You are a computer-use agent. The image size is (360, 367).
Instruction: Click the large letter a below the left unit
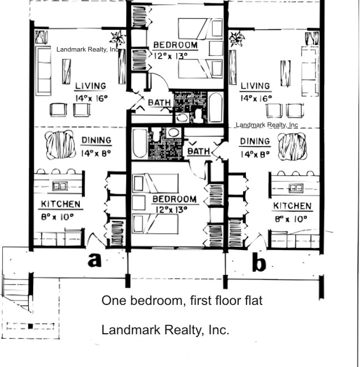[95, 259]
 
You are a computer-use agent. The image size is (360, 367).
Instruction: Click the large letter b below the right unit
[258, 262]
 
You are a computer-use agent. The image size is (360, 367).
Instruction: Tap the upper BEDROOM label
[174, 45]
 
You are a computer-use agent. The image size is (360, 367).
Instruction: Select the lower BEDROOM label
[174, 199]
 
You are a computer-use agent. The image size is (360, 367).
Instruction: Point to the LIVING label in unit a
[90, 86]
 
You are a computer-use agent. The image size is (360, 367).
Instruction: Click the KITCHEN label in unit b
[292, 206]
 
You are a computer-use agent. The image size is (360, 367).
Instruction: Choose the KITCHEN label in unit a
[61, 205]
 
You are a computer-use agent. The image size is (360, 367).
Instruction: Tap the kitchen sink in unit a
[59, 186]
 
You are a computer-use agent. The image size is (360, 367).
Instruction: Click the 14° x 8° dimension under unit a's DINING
[96, 154]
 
